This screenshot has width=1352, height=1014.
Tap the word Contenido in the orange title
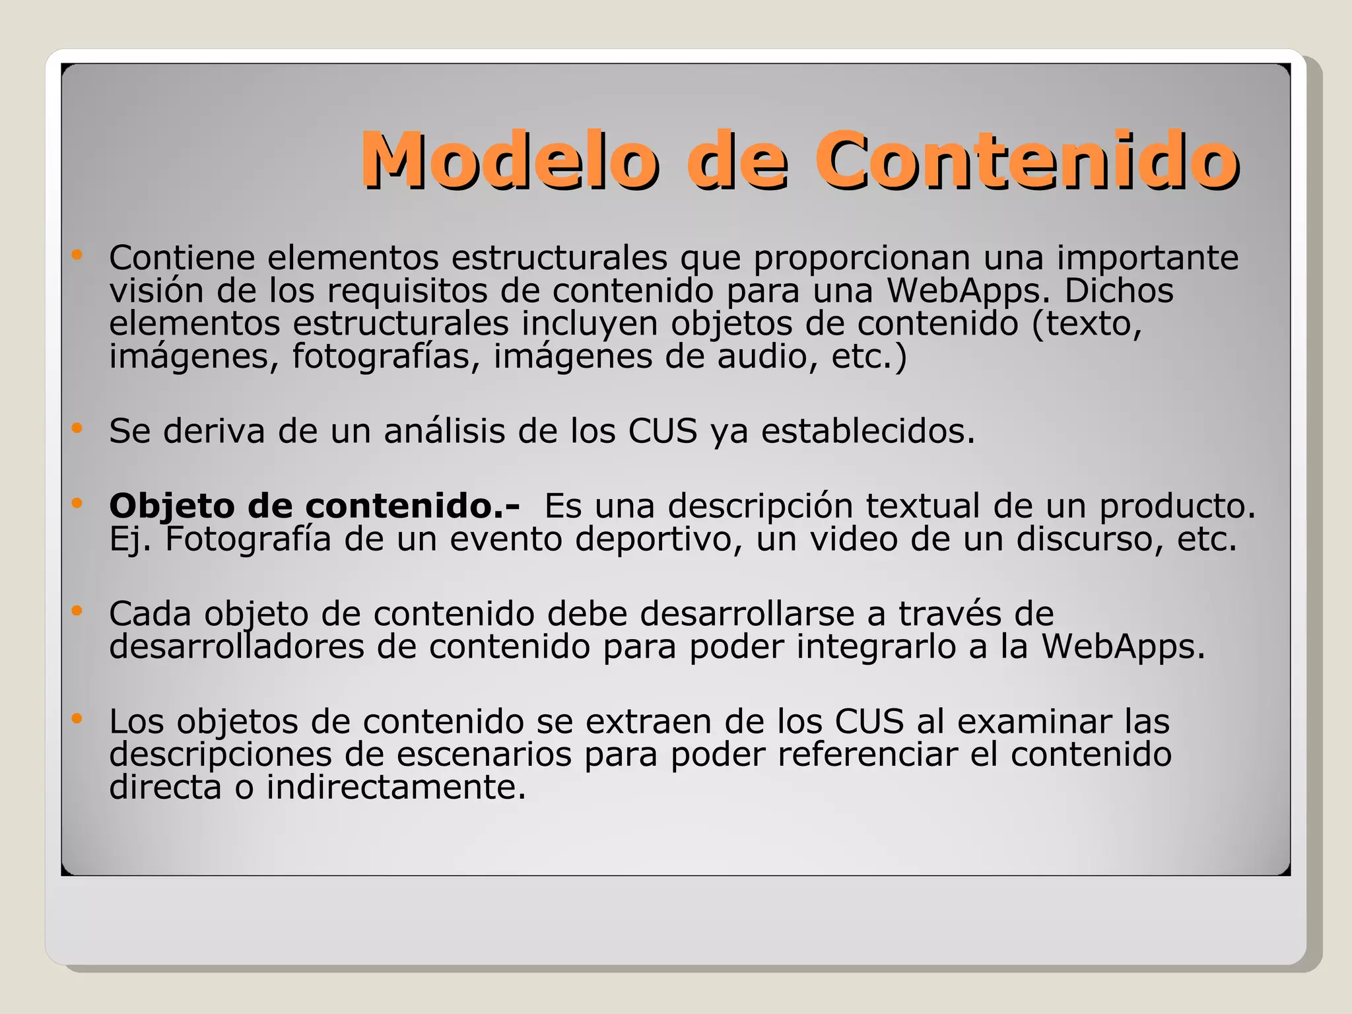[1027, 160]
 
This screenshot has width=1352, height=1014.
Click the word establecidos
[867, 431]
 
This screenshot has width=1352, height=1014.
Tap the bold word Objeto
[172, 506]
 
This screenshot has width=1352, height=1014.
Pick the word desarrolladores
[236, 646]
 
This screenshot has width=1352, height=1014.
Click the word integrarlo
[876, 646]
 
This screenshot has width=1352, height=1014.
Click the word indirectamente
[396, 787]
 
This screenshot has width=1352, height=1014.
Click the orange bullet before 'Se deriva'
[77, 428]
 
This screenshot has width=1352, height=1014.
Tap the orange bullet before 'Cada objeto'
[77, 611]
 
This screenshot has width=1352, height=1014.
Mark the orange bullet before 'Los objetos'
[77, 718]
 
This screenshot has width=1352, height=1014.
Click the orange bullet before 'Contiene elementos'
[77, 254]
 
